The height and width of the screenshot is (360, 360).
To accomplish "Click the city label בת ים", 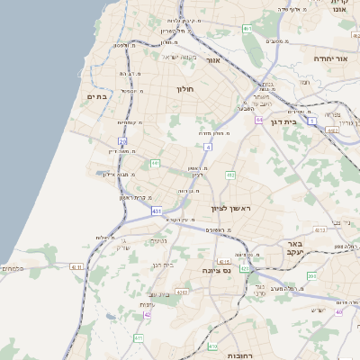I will [96, 95].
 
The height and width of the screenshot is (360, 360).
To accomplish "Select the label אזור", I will [213, 60].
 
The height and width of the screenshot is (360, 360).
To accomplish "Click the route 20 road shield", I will [122, 141].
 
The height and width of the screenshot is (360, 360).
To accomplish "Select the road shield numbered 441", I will [155, 164].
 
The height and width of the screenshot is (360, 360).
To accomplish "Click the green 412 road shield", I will [230, 175].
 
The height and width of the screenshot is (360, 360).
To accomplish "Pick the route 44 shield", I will [258, 119].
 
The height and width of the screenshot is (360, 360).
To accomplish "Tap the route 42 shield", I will [148, 314].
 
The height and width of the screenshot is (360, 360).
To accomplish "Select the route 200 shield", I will [311, 275].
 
